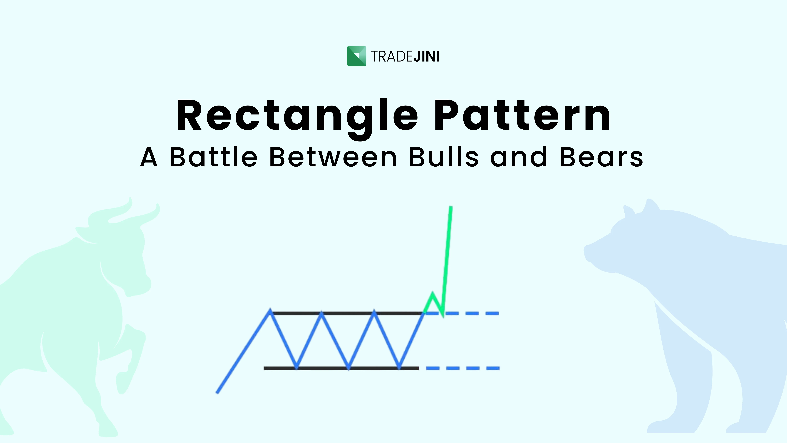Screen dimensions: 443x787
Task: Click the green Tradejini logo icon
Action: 356,56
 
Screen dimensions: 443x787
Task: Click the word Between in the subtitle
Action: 333,157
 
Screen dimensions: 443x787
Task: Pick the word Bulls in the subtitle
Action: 444,157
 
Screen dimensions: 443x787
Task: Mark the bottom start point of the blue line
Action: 217,393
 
